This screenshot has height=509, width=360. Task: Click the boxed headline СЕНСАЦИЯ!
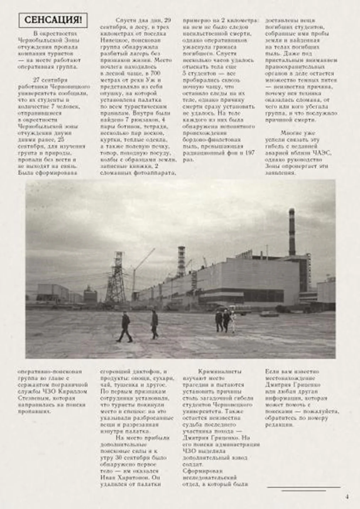pos(53,21)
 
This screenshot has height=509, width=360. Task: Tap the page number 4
pos(347,497)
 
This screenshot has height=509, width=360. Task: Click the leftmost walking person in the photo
pos(125,327)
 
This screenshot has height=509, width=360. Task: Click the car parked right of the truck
pos(269,314)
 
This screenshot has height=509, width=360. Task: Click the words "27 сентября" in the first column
pos(50,80)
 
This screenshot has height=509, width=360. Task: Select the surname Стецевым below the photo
pos(33,398)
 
